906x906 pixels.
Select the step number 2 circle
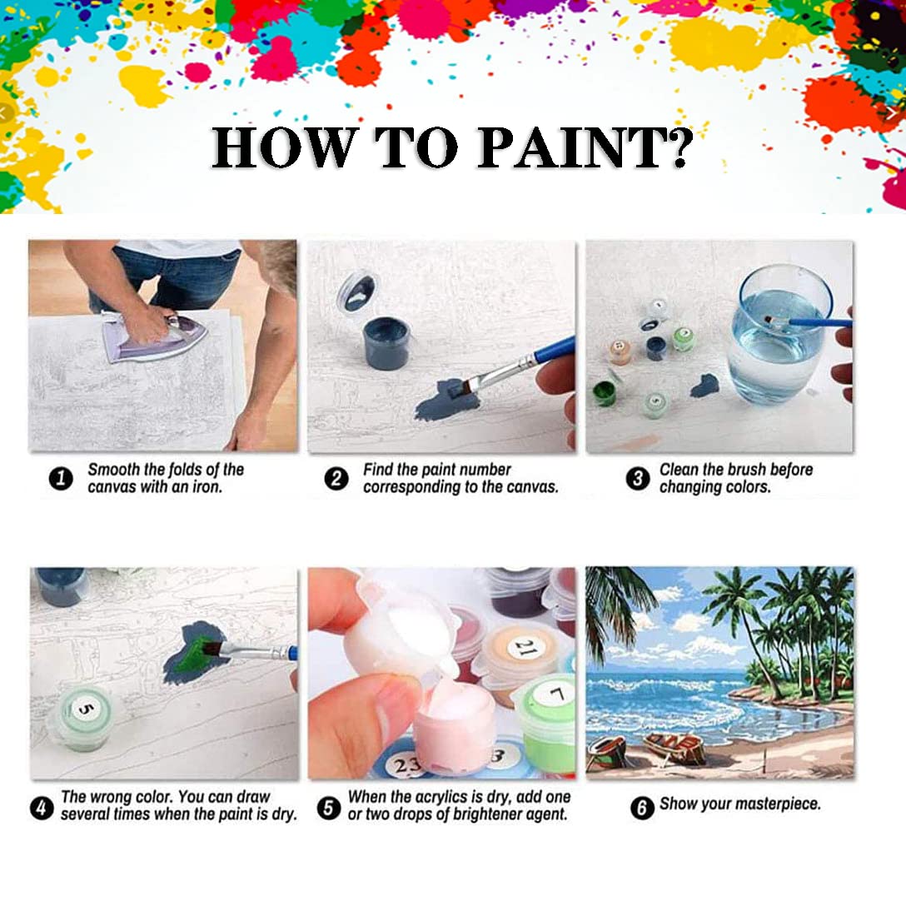click(x=336, y=480)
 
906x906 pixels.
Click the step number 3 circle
click(x=638, y=480)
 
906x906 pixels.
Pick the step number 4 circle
click(x=41, y=807)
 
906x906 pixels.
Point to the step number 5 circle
click(x=330, y=808)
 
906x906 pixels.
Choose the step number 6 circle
click(x=641, y=807)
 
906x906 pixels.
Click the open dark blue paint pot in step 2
click(x=386, y=341)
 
